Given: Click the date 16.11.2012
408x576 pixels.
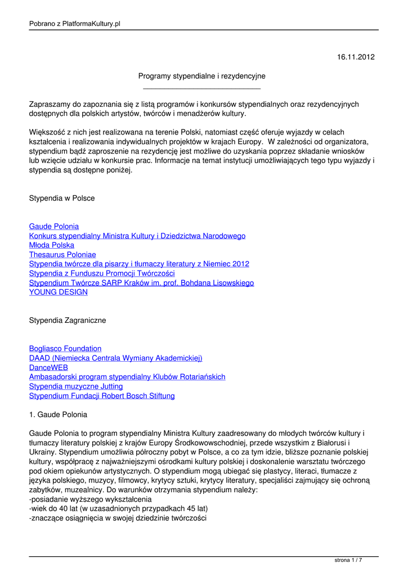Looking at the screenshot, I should [356, 57].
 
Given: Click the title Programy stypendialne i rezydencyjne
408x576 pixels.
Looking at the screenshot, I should [202, 76].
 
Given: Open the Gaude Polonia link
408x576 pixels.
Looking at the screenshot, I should [54, 227].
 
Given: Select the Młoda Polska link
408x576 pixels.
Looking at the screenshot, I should [52, 245].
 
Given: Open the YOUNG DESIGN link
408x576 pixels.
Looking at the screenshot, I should [59, 292].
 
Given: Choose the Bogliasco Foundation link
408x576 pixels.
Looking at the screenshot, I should [65, 349].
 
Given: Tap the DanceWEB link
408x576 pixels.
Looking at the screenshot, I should [49, 368].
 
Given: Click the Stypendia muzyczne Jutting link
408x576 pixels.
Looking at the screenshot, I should [76, 386].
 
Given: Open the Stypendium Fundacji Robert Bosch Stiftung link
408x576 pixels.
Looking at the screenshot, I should [102, 396].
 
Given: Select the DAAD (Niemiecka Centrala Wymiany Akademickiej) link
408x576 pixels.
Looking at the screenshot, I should [115, 358].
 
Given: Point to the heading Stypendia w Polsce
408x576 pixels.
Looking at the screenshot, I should [62, 199].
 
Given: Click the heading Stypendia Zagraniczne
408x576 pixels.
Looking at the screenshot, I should [68, 321].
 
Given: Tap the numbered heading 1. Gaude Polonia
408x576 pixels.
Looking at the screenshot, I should [58, 415].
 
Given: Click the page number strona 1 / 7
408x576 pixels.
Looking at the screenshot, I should [348, 560].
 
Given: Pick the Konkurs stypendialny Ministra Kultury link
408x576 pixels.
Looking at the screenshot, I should [137, 236].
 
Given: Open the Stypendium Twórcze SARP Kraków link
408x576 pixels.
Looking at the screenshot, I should [141, 283].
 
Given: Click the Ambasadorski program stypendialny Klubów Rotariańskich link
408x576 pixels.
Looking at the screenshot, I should [127, 377].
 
